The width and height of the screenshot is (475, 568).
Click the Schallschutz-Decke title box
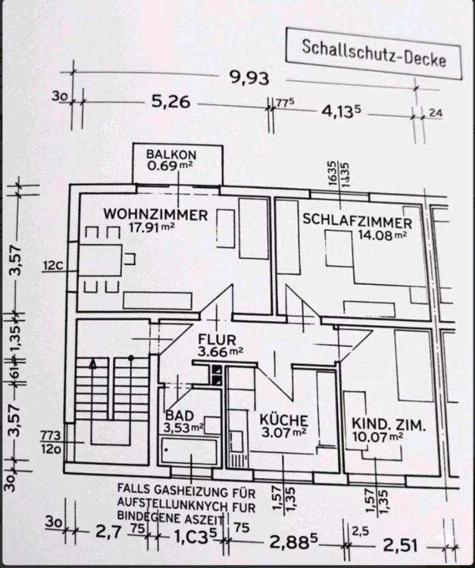[373, 54]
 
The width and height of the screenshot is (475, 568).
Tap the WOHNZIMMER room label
[155, 214]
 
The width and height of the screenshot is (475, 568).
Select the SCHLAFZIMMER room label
[357, 222]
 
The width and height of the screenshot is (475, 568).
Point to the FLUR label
[217, 339]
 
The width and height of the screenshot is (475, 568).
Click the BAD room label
[180, 416]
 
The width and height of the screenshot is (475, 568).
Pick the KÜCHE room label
[283, 420]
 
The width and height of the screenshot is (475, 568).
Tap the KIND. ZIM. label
[388, 424]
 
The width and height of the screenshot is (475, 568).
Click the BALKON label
[166, 154]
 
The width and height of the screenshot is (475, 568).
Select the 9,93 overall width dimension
[249, 76]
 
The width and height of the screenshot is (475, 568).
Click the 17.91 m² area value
[152, 226]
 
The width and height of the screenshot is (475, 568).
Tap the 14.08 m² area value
[382, 235]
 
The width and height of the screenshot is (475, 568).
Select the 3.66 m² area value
[220, 351]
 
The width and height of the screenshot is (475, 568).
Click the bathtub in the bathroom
[189, 453]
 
